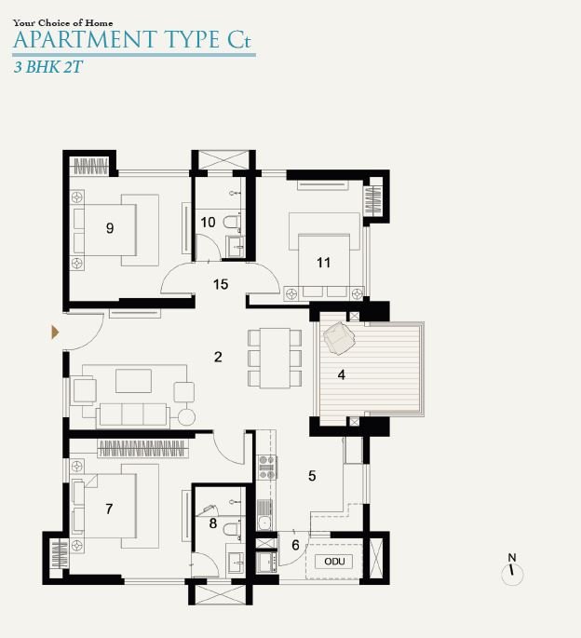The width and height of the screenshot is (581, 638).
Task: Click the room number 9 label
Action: tap(110, 228)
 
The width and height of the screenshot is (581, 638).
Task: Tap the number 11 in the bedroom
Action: tap(324, 263)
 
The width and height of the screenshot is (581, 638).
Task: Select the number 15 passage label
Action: tap(221, 284)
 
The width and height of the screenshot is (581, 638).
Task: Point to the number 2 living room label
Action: tap(218, 357)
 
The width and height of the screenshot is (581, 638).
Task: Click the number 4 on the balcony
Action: tap(342, 374)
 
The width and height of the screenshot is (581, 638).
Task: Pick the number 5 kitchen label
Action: tap(312, 476)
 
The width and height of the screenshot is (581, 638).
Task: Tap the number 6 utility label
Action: tap(296, 545)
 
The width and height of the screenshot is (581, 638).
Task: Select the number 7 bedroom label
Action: tap(109, 509)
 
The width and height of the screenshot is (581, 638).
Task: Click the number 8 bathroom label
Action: tap(213, 523)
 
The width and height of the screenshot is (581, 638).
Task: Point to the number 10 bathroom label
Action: tap(208, 223)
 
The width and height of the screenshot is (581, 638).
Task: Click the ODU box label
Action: tap(334, 562)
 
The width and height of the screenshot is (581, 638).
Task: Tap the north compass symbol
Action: tap(512, 569)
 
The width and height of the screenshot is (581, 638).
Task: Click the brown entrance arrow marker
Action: tap(55, 332)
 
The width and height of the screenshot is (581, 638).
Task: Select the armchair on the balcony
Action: tap(339, 338)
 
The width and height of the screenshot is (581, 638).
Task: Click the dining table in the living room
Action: tap(275, 358)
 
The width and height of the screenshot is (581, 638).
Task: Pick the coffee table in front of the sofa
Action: tap(133, 381)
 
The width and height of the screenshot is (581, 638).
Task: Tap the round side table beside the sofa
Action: tap(187, 417)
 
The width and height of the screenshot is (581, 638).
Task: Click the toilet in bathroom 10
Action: tap(231, 223)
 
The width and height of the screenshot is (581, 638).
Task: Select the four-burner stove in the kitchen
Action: tap(267, 468)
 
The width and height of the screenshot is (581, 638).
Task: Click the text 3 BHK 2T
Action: tap(48, 67)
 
